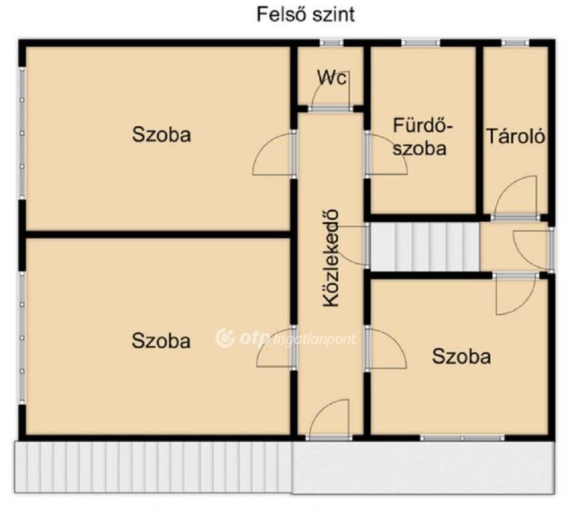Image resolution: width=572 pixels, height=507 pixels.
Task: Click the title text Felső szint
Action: tap(305, 15)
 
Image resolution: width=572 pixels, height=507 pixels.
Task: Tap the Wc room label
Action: tap(332, 77)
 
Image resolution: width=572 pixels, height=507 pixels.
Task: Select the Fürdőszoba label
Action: tap(422, 137)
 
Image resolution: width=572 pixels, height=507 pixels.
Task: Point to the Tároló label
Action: tap(515, 136)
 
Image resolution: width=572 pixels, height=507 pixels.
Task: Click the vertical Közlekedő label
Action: tap(331, 258)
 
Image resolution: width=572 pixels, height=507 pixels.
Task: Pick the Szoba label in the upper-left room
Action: tap(161, 134)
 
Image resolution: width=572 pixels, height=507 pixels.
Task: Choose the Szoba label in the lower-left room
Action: tap(161, 341)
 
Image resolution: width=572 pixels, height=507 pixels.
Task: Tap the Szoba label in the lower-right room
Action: tap(461, 356)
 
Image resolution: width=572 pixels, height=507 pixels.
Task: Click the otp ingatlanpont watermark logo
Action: tap(285, 339)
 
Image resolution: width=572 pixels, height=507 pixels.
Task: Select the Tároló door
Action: tap(516, 197)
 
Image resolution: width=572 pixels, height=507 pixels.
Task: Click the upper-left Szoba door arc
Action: tap(274, 154)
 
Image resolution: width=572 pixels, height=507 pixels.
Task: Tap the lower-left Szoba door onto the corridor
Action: tap(276, 347)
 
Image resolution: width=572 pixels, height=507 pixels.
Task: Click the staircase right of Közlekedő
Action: tap(425, 247)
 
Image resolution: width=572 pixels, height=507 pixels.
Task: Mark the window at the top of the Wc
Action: tap(332, 43)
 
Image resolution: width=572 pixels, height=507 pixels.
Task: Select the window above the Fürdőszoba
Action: tap(421, 43)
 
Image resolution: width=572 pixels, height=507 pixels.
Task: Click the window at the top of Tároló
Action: tap(515, 43)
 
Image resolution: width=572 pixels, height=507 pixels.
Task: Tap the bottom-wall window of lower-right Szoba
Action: tap(462, 438)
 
